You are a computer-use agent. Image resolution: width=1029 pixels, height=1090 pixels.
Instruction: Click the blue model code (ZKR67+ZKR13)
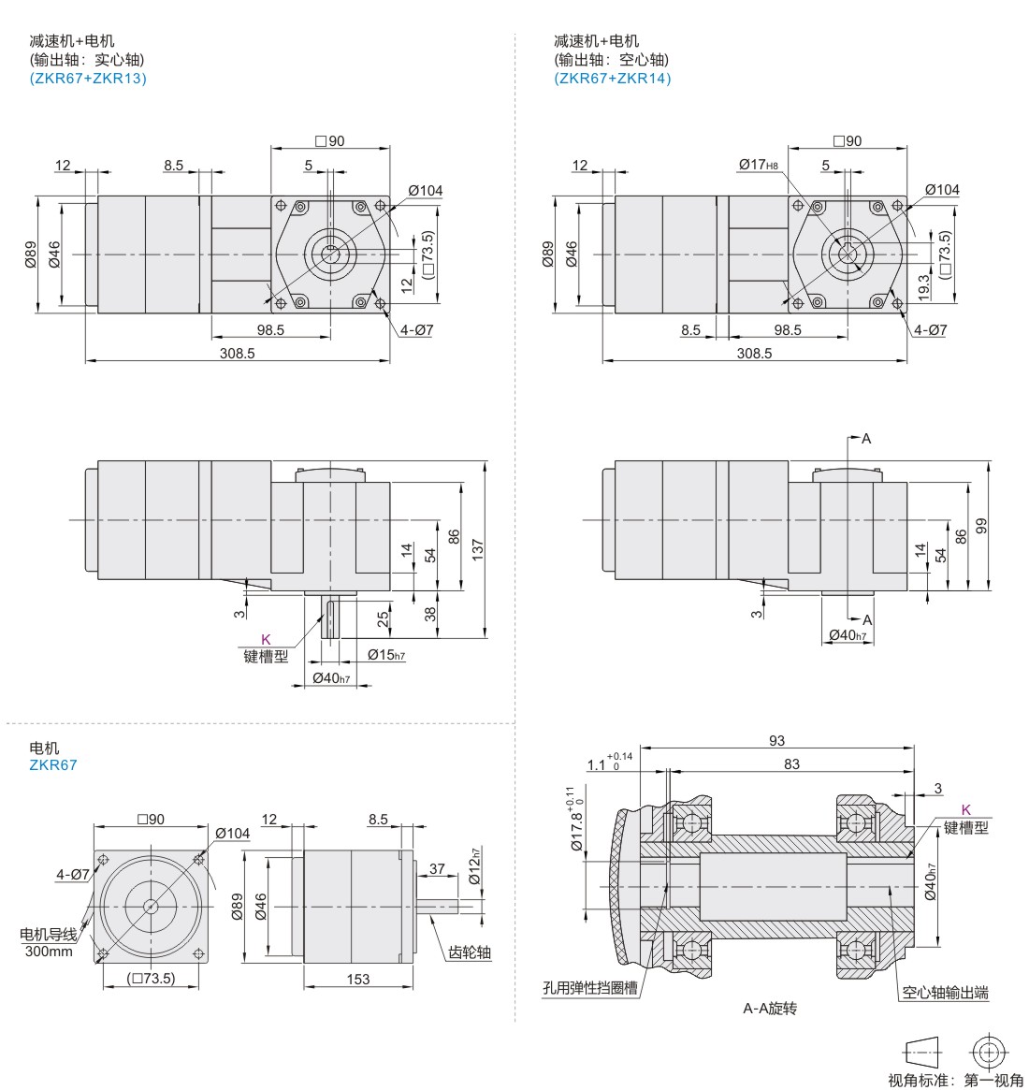point(88,78)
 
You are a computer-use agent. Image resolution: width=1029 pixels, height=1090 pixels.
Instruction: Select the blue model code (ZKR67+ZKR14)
point(612,78)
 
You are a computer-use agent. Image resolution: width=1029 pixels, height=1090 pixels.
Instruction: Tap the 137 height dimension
point(477,549)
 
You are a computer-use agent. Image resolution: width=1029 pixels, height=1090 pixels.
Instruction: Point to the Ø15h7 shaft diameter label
point(386,655)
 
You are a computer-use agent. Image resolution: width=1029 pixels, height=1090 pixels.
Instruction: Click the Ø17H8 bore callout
point(759,165)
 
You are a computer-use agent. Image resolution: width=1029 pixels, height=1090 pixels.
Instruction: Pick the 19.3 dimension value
point(923,287)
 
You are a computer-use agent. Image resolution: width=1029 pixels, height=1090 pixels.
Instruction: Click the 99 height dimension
point(981,526)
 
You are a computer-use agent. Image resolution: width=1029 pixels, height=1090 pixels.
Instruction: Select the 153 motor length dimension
point(358,979)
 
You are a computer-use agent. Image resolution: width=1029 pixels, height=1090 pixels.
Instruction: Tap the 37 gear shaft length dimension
point(437,868)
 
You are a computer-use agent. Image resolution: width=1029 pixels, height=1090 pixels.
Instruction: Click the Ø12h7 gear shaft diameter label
point(474,866)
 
